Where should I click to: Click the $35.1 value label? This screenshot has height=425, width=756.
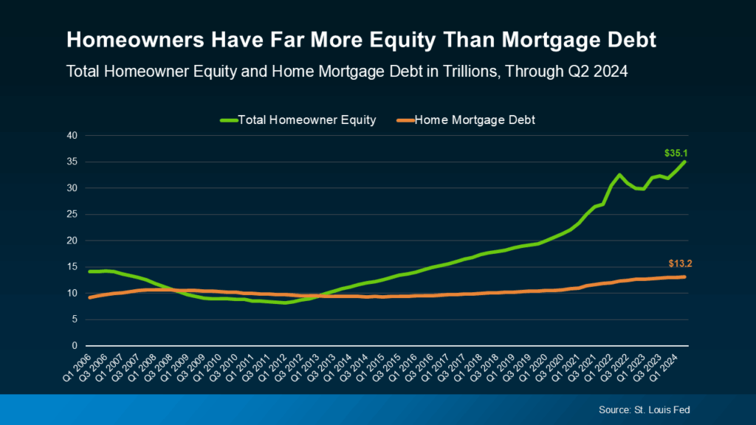coord(676,153)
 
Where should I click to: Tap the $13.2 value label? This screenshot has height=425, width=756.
coord(680,263)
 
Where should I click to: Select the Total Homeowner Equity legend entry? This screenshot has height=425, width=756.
coord(298,120)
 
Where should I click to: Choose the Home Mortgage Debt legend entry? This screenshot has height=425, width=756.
coord(466,120)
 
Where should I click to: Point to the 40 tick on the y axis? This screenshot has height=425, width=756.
coord(72,136)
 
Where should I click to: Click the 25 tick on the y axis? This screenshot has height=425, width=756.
coord(72,215)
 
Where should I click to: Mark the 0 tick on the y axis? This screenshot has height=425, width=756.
coord(75,345)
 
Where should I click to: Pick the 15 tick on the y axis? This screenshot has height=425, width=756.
coord(72,267)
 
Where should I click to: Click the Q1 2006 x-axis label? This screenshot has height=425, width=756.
coord(77,368)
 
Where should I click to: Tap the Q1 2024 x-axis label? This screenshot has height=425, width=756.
coord(664,368)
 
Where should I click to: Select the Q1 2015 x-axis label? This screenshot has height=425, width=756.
coord(371,368)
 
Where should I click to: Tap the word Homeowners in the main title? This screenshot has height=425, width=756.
coord(136,40)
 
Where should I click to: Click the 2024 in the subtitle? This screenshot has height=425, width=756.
coord(611,72)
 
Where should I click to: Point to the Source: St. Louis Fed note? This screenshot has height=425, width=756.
coord(644,410)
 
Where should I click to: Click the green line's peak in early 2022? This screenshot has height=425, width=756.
coord(619,175)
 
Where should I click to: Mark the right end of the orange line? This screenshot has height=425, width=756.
coord(684,277)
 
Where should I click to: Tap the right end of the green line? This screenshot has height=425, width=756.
coord(684,162)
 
